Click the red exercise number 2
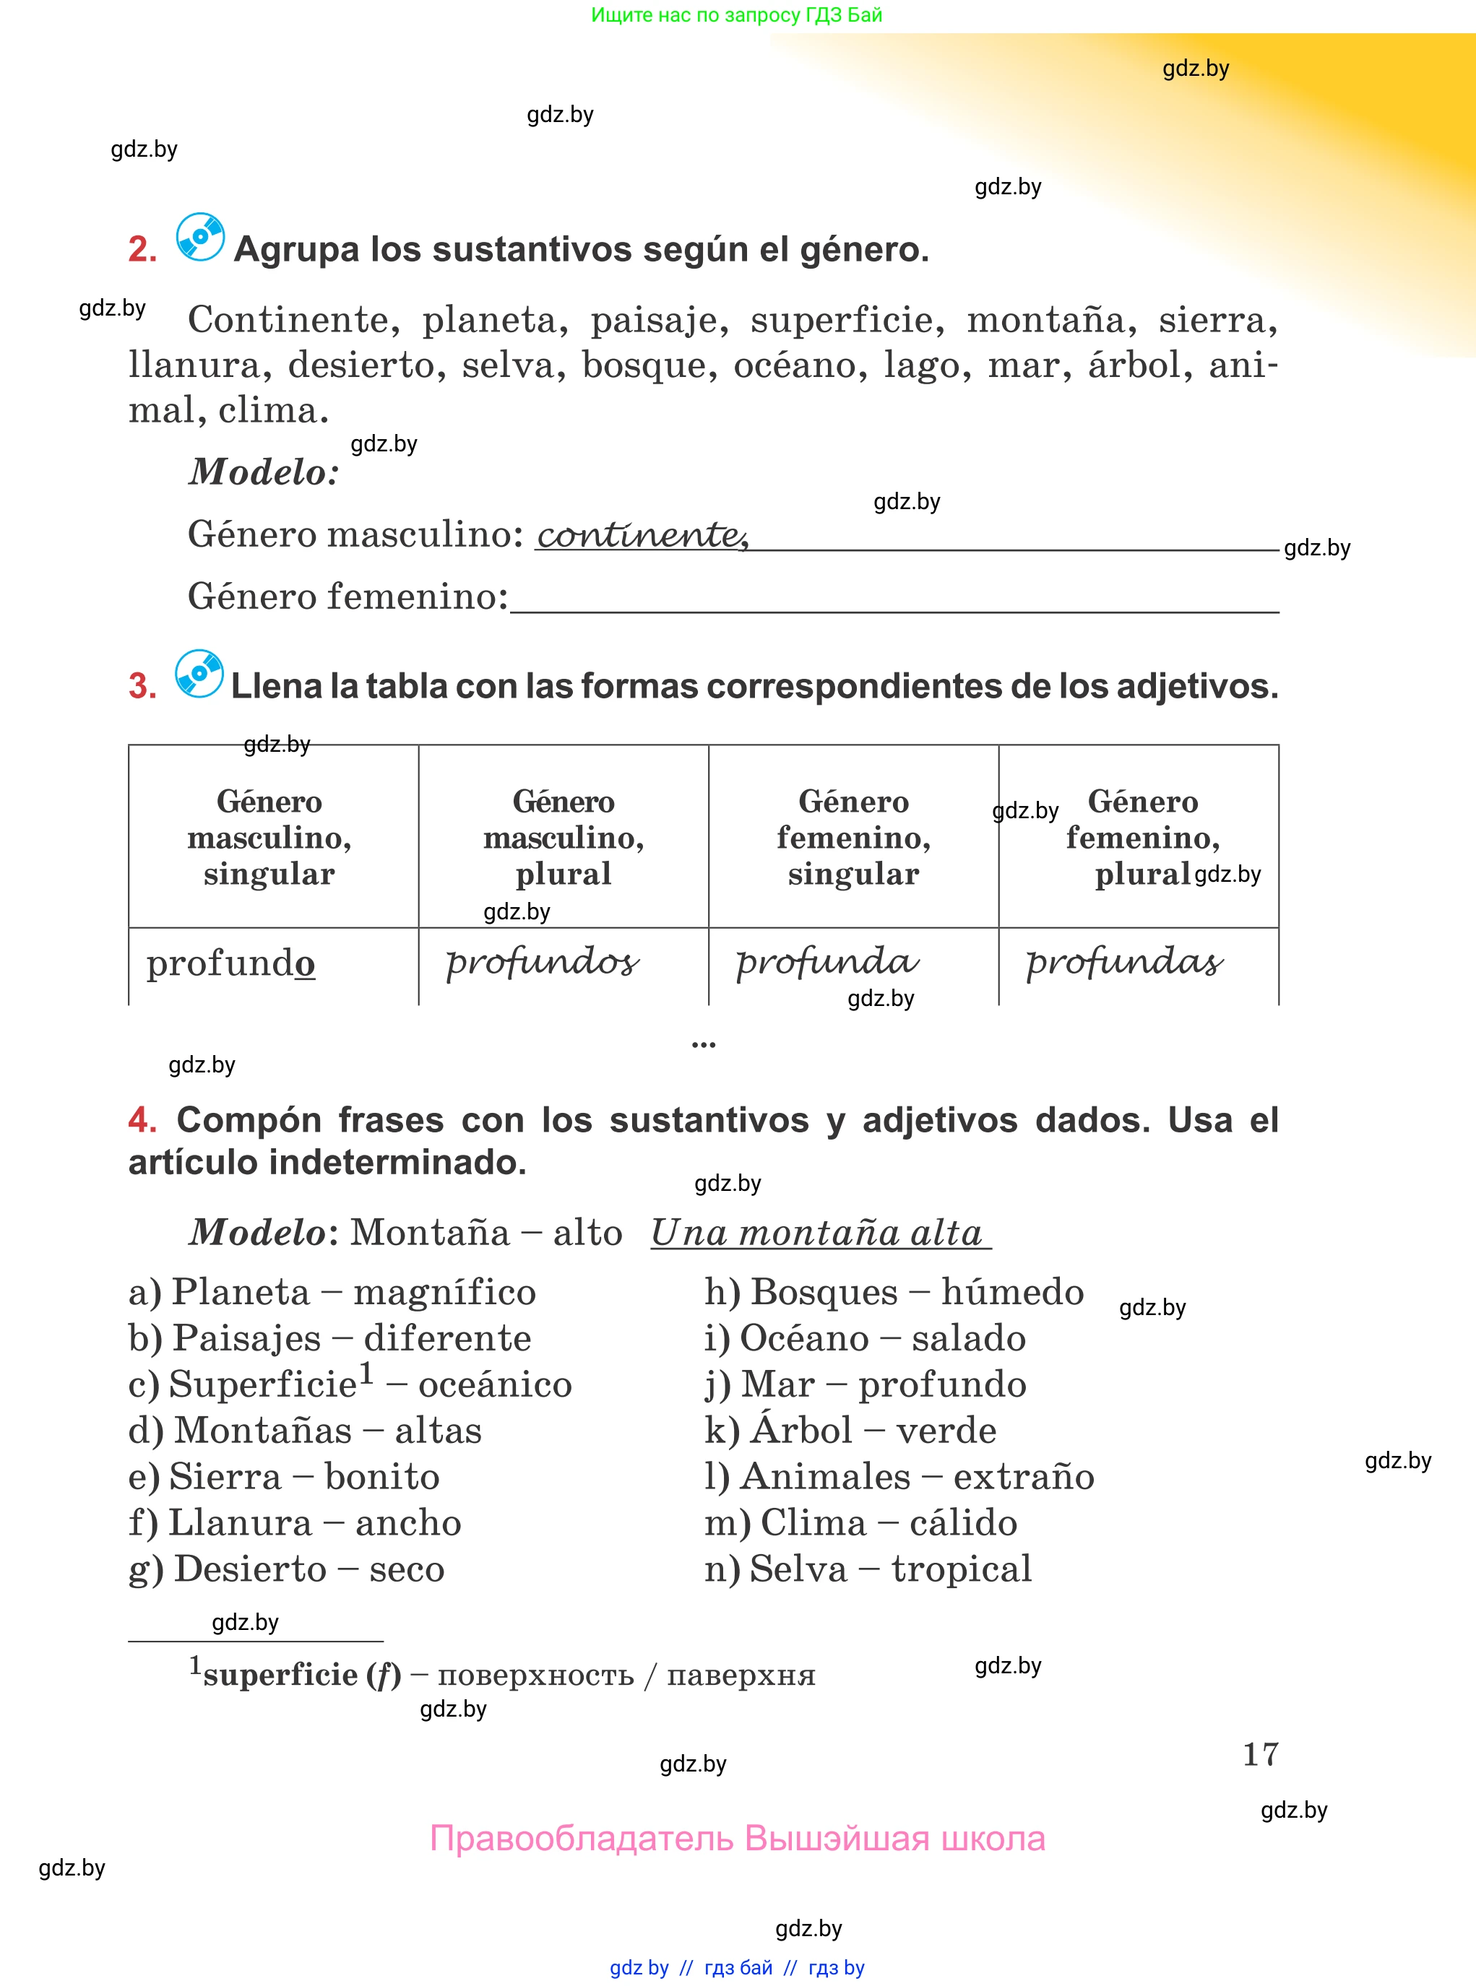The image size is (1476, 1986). point(142,249)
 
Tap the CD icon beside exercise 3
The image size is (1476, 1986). point(199,673)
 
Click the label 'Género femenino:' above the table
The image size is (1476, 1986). point(348,597)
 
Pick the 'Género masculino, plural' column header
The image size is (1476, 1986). point(563,837)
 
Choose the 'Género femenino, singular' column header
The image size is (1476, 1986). point(853,837)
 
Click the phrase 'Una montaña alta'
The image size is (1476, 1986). point(816,1233)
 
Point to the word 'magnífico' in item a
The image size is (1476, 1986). point(444,1292)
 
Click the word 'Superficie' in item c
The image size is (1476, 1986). point(264,1384)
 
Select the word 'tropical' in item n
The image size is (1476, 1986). point(962,1569)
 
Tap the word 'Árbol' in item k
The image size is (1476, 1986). point(801,1431)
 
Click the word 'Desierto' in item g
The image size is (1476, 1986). point(250,1569)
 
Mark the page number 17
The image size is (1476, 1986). point(1260,1754)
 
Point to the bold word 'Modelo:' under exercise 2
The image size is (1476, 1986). point(264,472)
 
